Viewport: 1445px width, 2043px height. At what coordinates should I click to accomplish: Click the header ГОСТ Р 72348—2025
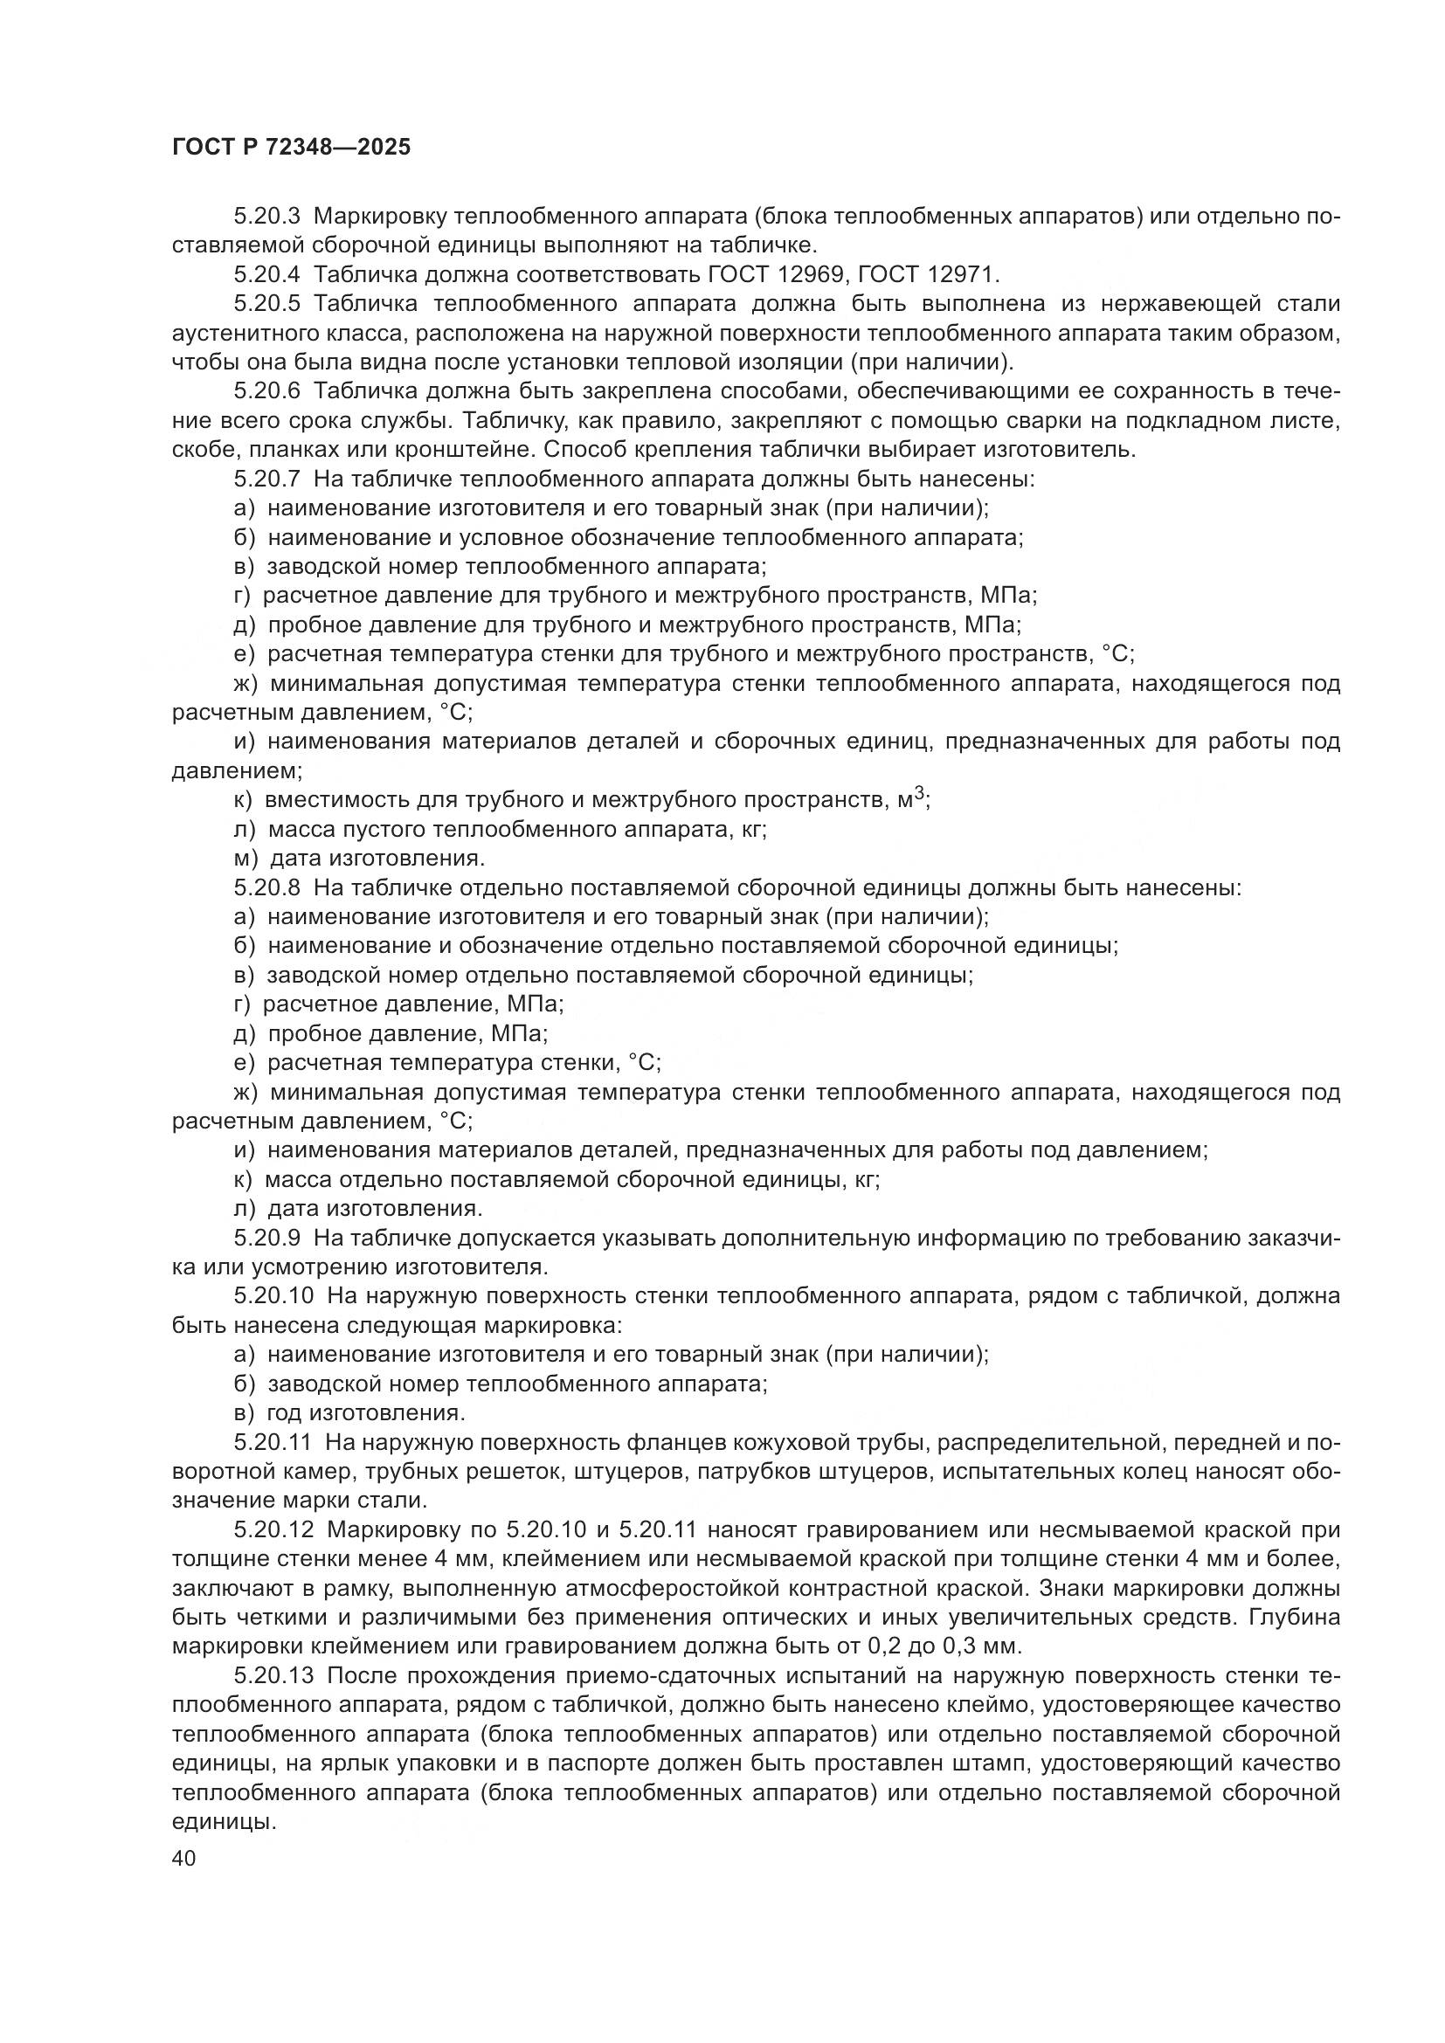pos(291,148)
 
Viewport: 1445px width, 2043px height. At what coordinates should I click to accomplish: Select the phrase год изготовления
pos(366,1413)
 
